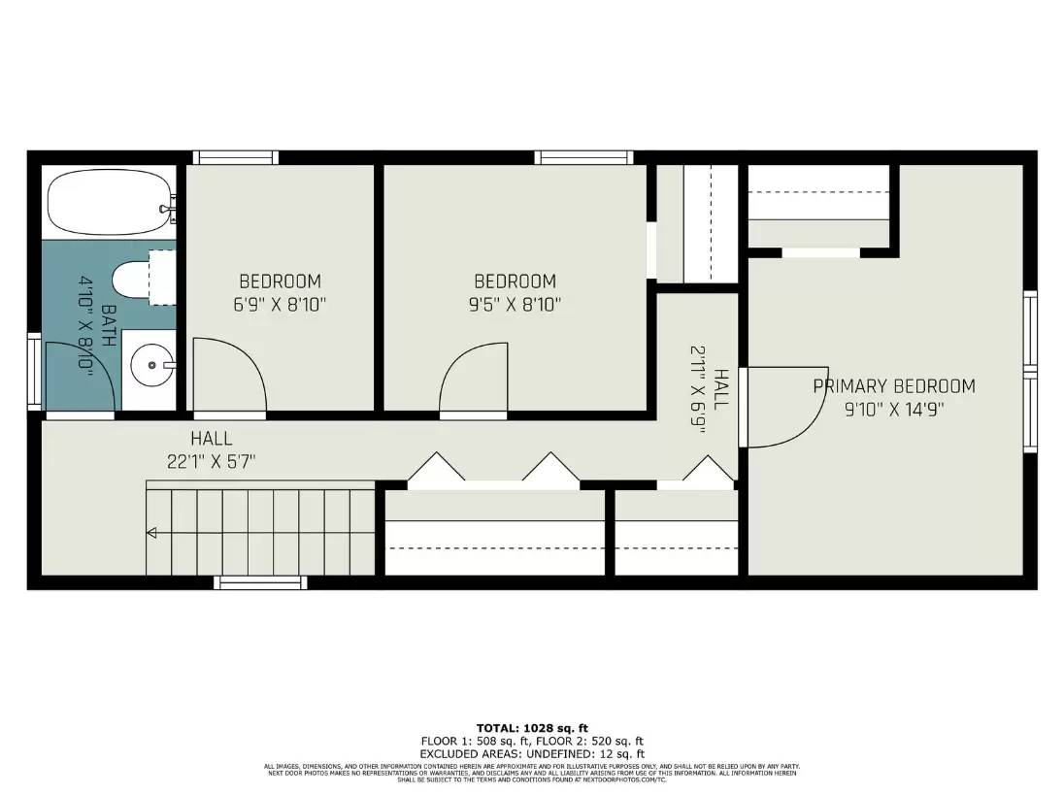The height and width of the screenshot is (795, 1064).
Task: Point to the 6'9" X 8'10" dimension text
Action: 280,304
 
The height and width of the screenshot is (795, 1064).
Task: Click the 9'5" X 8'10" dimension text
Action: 515,304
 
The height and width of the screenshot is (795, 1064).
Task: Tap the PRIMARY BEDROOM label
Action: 893,386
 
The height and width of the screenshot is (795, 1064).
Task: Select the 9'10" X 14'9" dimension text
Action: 893,409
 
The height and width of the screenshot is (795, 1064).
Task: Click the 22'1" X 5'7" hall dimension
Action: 211,461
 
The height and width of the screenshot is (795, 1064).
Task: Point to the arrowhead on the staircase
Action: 151,532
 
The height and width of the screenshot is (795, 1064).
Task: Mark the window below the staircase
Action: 260,582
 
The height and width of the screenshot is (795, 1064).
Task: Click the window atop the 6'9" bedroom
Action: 235,157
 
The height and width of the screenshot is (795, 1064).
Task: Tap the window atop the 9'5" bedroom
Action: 583,157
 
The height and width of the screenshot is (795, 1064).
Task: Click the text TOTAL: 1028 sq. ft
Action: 532,728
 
